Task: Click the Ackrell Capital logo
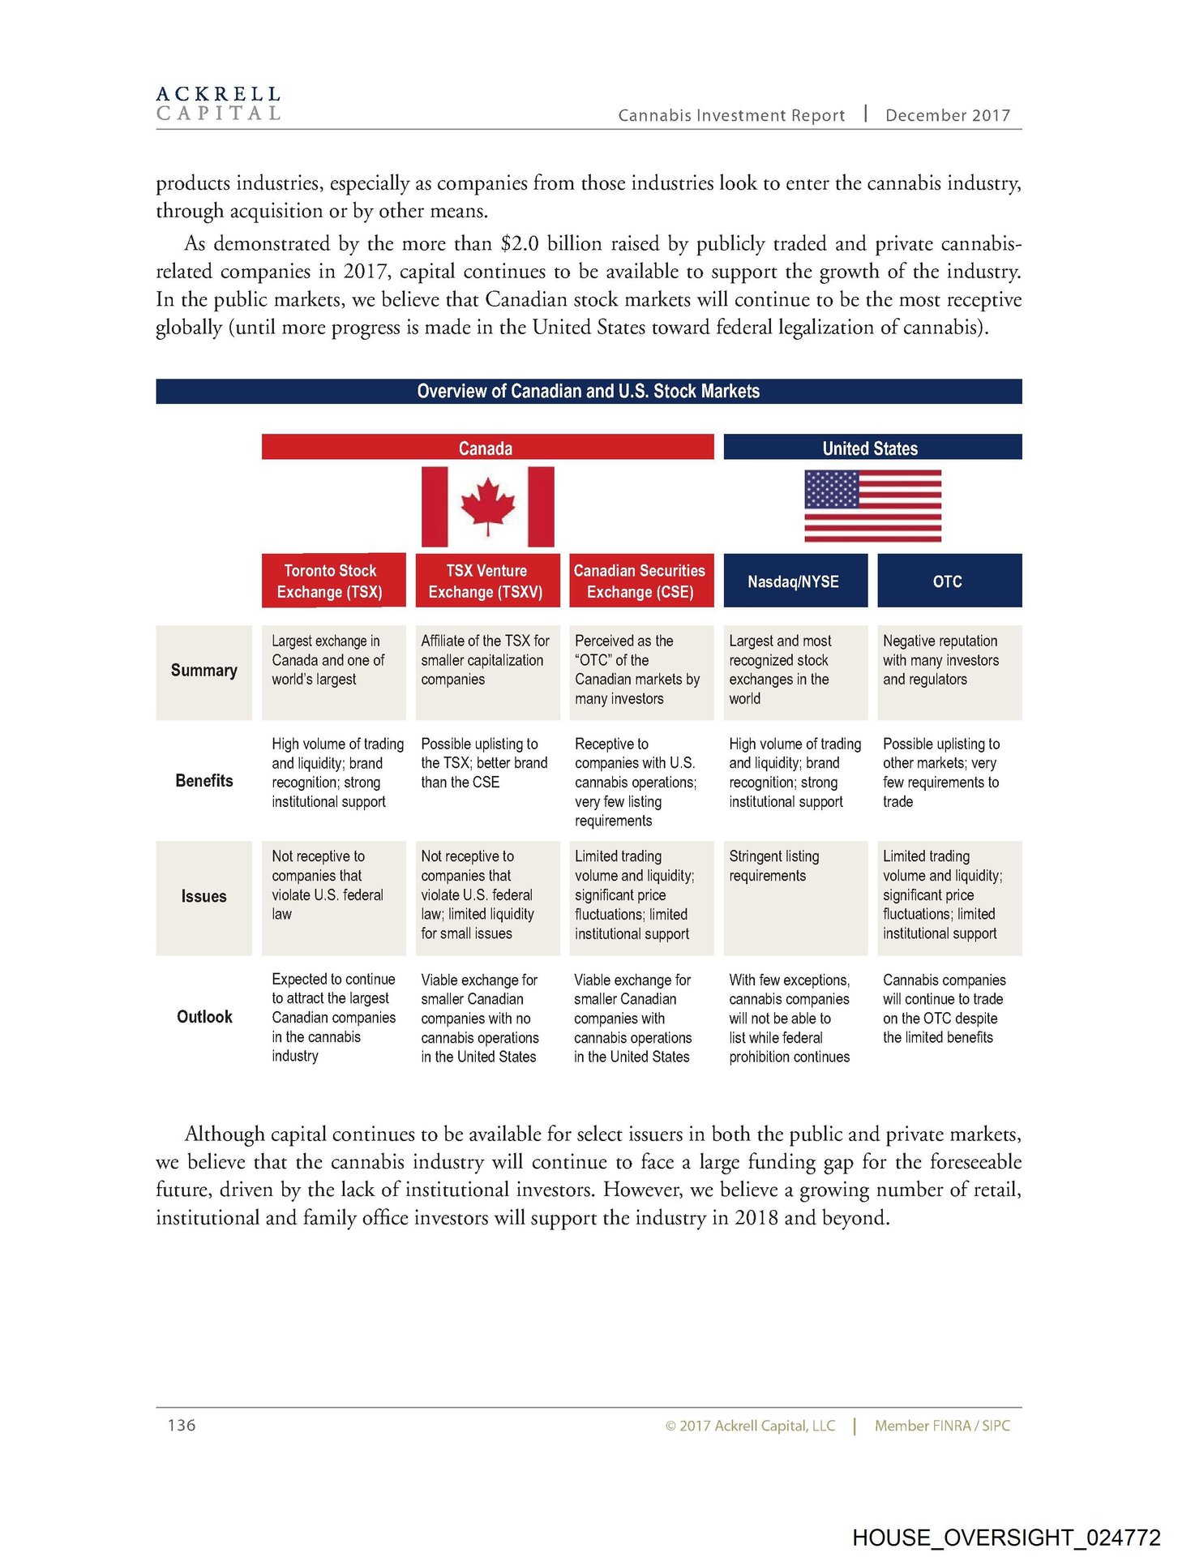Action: tap(218, 104)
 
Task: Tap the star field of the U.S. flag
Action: tap(831, 489)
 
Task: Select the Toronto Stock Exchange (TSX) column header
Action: tap(330, 581)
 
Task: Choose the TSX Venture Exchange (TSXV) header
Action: tap(486, 581)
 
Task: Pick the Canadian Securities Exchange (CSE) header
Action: tap(640, 581)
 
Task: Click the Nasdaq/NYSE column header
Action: tap(794, 581)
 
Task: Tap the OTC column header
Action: tap(948, 581)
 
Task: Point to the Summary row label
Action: tap(204, 671)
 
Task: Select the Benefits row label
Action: tap(204, 781)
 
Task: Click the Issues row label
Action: tap(204, 896)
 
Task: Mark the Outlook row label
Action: tap(204, 1017)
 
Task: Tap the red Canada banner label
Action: tap(486, 448)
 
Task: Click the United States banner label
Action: tap(870, 448)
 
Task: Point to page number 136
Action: tap(182, 1425)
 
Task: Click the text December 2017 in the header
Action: tap(948, 115)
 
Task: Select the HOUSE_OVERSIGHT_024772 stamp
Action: tap(1006, 1538)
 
